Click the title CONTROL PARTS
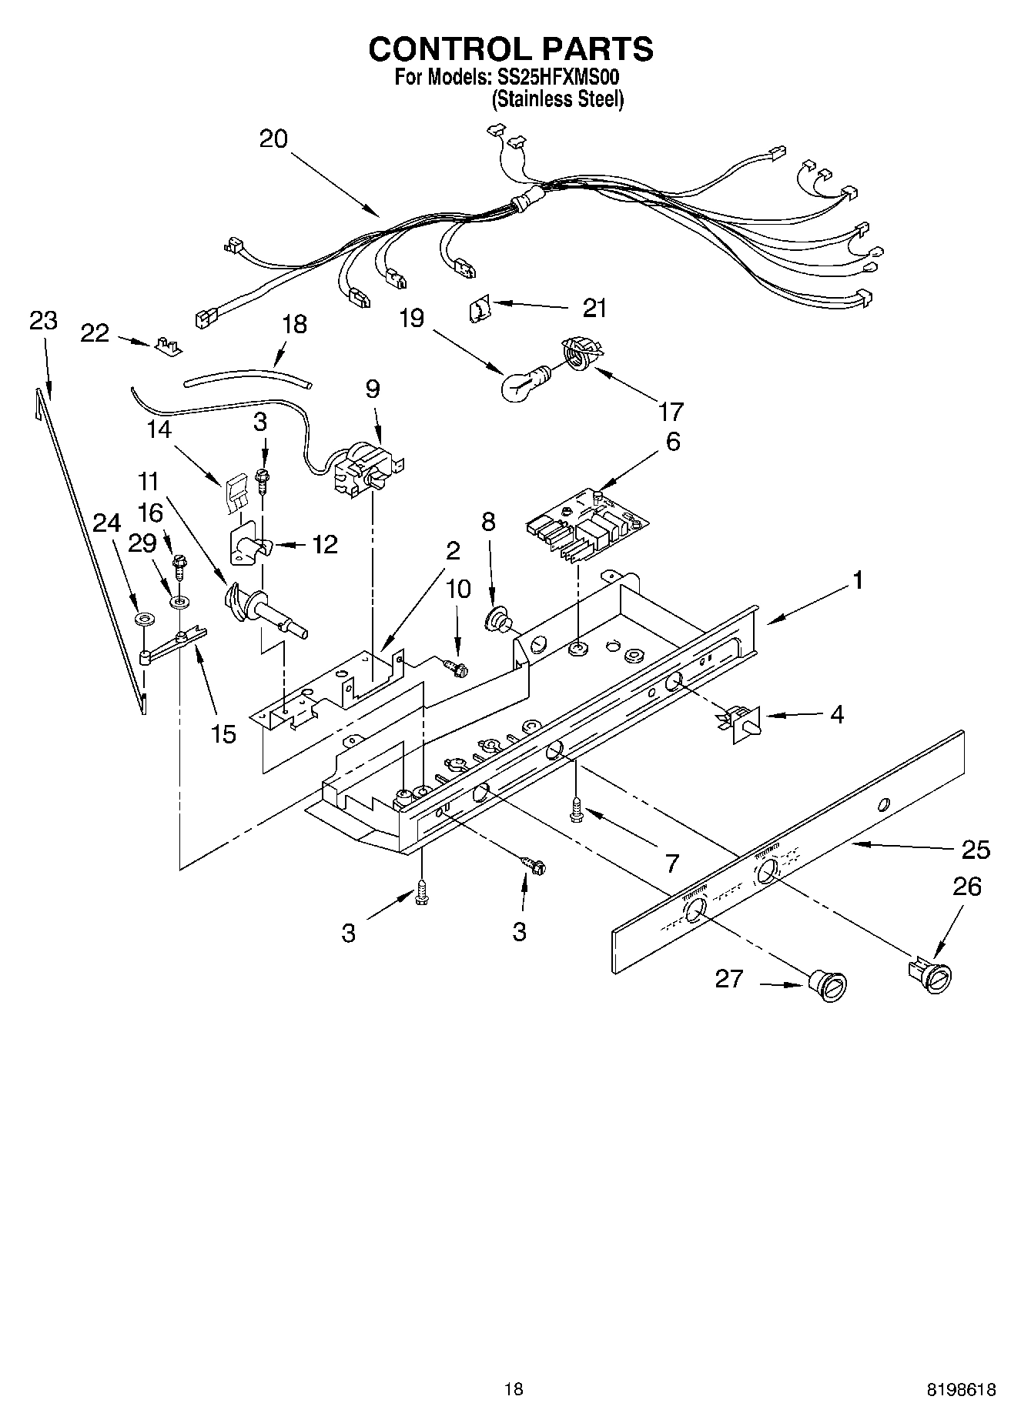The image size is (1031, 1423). click(x=510, y=49)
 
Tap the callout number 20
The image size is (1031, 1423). click(x=273, y=139)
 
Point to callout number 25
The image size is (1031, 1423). click(x=975, y=850)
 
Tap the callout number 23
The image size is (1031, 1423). click(x=43, y=320)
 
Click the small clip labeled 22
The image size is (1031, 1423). click(x=168, y=346)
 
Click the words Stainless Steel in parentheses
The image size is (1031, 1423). click(x=558, y=99)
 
